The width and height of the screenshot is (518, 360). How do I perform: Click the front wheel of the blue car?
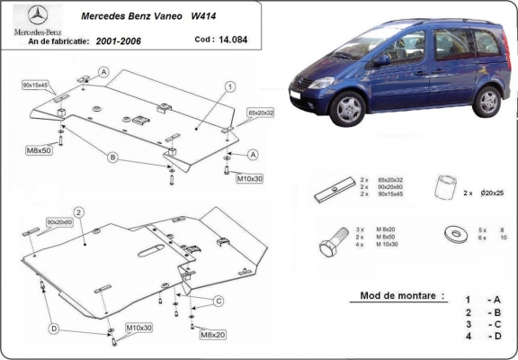[345, 108]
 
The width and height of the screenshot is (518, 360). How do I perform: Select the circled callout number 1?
[230, 86]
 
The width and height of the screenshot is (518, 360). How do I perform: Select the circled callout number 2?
[79, 213]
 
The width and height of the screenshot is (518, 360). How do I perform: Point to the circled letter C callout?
[218, 300]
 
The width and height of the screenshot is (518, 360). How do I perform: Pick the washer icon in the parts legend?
[454, 235]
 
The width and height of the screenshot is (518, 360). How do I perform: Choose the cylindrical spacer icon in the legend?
[442, 189]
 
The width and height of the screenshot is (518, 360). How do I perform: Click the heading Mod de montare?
[396, 295]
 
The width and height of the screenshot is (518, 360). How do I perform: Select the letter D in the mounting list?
[495, 336]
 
